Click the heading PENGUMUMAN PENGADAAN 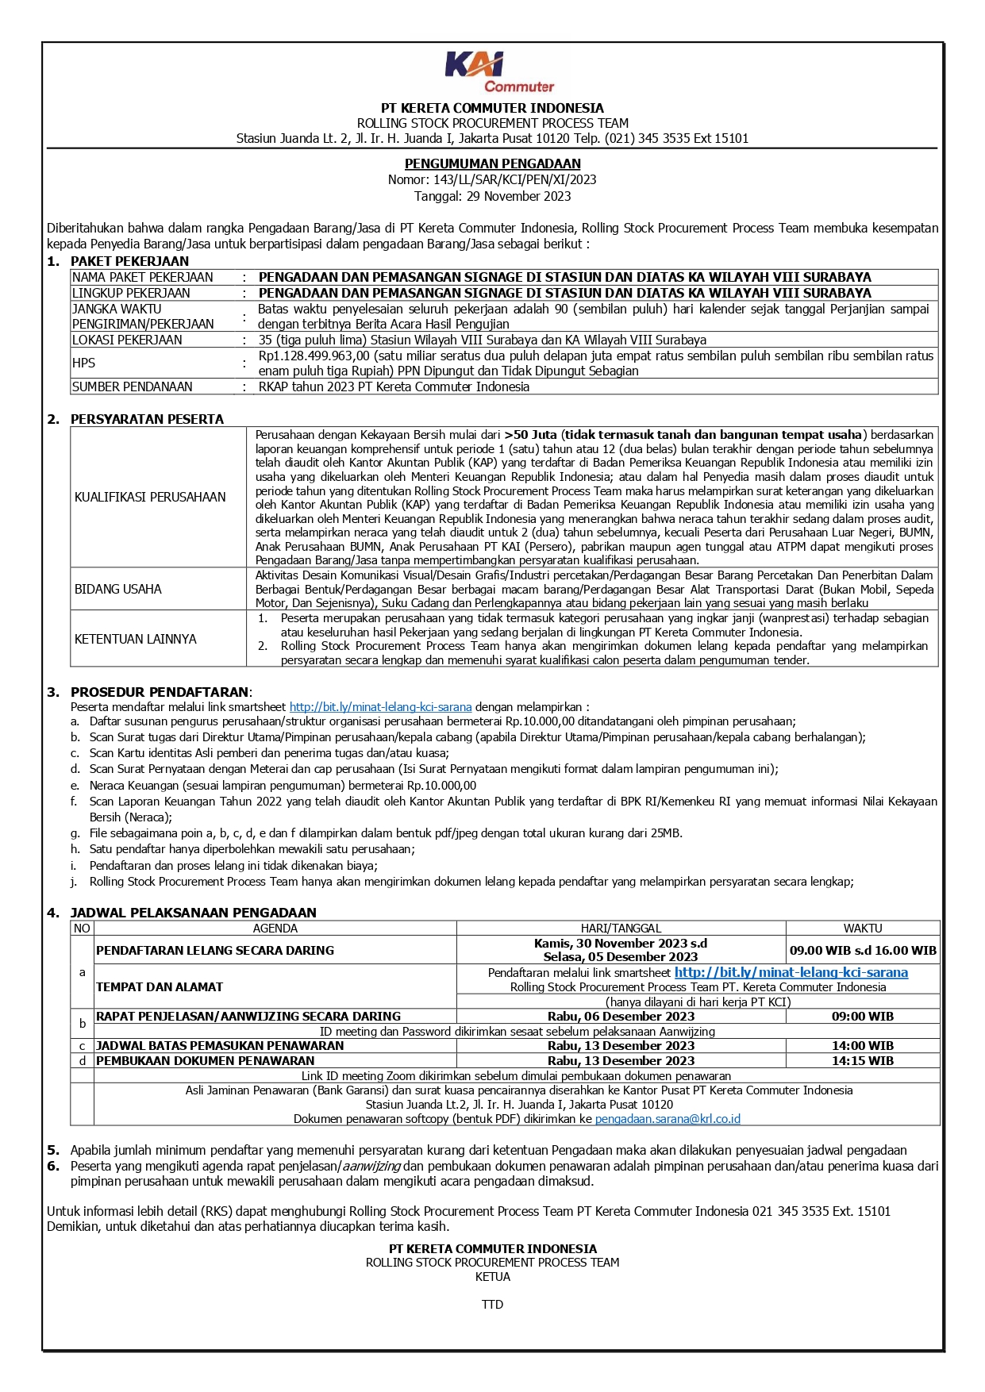click(x=492, y=163)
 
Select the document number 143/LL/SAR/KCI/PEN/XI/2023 click(x=514, y=179)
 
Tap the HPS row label click(x=83, y=363)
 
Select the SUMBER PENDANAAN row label click(x=132, y=386)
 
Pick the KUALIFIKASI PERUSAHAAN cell click(x=150, y=497)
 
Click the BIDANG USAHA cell click(x=118, y=589)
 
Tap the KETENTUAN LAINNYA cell click(x=135, y=639)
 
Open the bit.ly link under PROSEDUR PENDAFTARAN click(x=380, y=706)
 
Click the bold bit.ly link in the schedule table click(x=791, y=972)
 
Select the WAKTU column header click(x=863, y=928)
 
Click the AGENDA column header click(x=275, y=928)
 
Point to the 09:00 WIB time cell click(x=863, y=1016)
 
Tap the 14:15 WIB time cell click(x=863, y=1060)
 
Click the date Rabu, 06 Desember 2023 click(x=621, y=1016)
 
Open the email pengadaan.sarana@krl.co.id click(x=668, y=1118)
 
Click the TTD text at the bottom click(x=492, y=1304)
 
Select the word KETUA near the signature click(x=492, y=1276)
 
